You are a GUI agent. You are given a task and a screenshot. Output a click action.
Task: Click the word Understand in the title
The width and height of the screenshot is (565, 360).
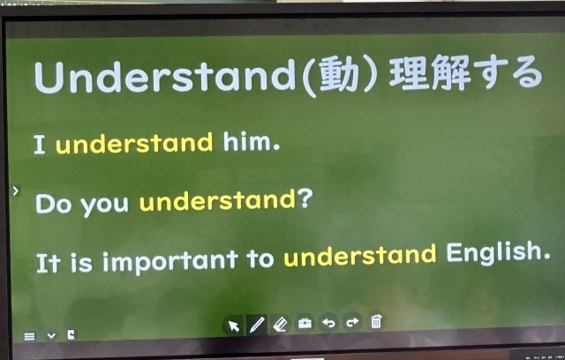165,76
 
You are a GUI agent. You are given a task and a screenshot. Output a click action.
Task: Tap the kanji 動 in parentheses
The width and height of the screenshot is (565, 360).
339,75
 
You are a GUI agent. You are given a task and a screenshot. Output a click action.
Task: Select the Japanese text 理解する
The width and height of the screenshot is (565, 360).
466,72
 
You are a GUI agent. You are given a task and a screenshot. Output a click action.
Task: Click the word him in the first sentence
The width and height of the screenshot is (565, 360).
251,141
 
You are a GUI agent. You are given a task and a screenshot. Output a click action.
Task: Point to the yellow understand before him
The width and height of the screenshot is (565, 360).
134,143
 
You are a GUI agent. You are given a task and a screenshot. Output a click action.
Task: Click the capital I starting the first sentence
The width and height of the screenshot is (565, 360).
39,145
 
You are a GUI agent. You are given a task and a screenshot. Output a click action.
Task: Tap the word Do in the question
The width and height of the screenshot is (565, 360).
53,204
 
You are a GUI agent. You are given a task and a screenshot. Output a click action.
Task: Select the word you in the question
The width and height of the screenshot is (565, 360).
104,205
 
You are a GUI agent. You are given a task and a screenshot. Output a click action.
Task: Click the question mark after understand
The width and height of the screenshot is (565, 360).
305,199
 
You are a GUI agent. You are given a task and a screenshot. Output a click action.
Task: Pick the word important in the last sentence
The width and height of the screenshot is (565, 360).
170,261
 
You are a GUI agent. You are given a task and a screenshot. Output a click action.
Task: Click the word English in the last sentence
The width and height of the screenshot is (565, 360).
498,252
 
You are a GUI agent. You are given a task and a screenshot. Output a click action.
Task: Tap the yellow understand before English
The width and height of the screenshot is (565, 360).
360,255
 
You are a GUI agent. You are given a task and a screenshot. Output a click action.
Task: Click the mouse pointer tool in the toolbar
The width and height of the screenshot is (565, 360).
233,326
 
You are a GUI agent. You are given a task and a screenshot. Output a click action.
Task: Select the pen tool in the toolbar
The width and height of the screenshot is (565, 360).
257,325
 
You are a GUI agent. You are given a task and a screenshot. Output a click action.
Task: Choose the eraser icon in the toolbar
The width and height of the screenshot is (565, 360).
280,324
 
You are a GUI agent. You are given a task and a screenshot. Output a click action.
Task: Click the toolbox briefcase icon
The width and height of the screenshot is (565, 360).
305,323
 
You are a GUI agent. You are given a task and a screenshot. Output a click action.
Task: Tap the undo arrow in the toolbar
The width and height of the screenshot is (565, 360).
328,323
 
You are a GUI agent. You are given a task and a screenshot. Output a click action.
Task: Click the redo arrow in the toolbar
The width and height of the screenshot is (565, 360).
352,322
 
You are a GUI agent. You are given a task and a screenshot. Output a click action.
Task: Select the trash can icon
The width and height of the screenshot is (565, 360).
376,321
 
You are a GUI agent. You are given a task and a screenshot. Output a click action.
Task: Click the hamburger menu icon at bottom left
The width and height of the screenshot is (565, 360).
29,336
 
